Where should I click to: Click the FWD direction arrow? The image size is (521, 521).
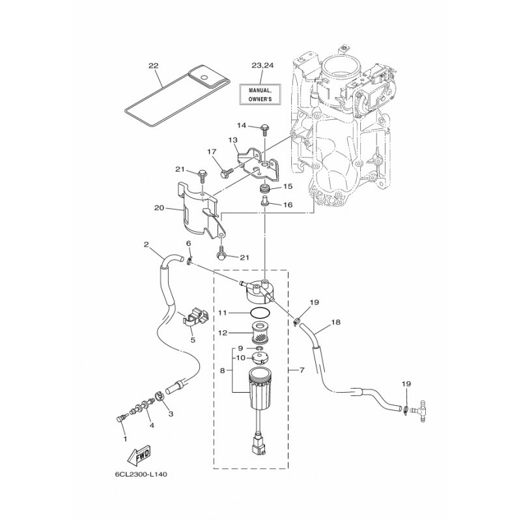coord(139,457)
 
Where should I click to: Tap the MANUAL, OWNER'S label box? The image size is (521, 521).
coord(260,94)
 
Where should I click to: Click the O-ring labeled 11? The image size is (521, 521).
coord(260,313)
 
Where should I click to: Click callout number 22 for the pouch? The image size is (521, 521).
coord(153,66)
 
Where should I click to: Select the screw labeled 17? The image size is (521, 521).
coord(227,173)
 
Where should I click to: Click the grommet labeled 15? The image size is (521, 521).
coord(265,190)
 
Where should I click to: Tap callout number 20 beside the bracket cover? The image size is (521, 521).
coord(159,208)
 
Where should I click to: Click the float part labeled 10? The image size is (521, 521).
coord(260,358)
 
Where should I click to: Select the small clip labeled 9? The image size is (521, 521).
coord(260,348)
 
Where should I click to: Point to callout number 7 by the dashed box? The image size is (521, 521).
coord(302,369)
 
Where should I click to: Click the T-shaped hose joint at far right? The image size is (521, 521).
coord(419,410)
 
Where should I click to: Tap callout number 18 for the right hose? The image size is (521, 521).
coord(335,322)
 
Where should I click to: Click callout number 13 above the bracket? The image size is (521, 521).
coord(232,140)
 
